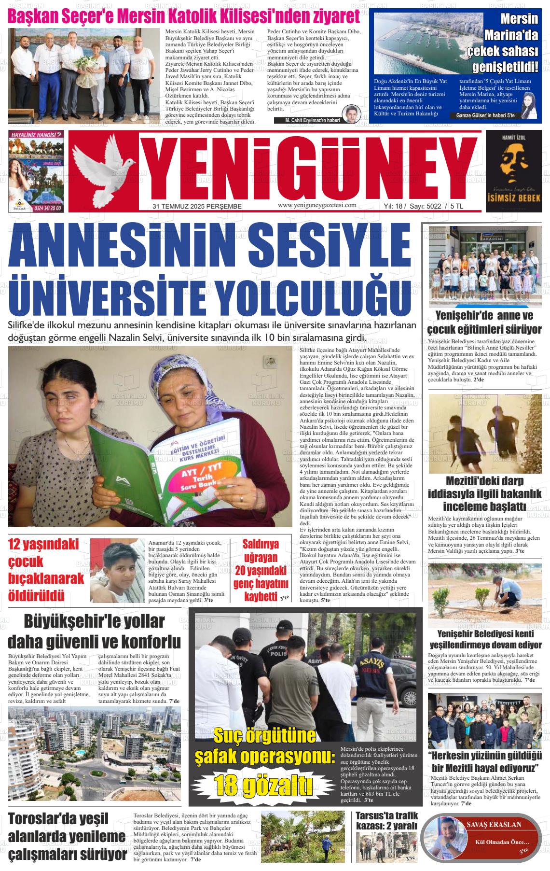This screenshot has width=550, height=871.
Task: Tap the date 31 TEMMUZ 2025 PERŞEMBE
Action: (x=197, y=206)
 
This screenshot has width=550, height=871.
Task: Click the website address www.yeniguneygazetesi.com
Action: (x=317, y=205)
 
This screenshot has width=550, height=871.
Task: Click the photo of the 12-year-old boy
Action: (x=118, y=570)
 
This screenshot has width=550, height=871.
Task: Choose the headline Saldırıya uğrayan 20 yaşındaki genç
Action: (x=261, y=570)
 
